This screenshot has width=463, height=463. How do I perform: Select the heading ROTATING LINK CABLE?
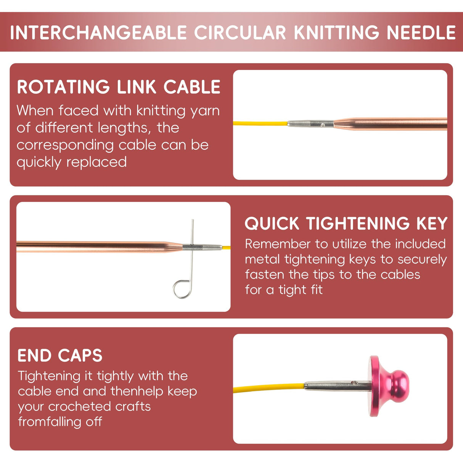pos(119,87)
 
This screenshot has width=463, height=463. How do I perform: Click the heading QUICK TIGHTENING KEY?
pos(346,223)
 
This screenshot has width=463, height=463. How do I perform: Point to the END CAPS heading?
pos(60,355)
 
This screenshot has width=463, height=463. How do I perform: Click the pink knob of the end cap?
pos(398,386)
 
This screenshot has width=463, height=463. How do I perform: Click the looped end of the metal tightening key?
pos(182,288)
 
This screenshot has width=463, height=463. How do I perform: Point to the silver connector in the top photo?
pos(310,124)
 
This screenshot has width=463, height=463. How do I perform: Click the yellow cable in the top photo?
pos(259,124)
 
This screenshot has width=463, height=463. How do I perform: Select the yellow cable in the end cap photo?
pos(267,388)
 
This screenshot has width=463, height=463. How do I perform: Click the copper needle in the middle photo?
pos(95,247)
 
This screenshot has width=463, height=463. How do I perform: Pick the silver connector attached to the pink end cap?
pos(336,386)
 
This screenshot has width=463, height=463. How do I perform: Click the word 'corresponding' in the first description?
pos(65,145)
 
